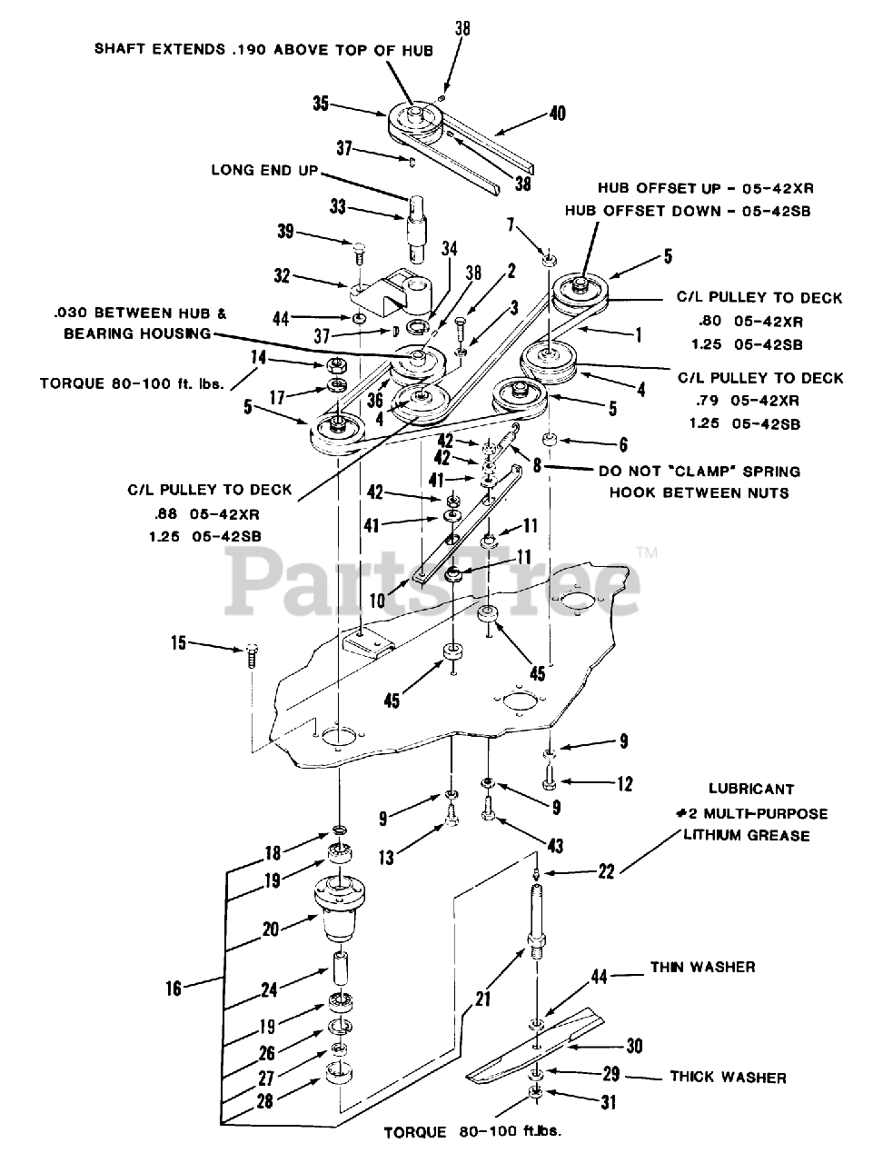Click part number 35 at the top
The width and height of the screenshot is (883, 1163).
pos(321,103)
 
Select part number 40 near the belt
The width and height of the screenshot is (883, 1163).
pos(557,114)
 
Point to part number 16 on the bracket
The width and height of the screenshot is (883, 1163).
pos(174,988)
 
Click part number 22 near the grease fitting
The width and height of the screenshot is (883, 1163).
pos(606,871)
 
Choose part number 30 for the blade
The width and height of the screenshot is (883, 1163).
pos(634,1046)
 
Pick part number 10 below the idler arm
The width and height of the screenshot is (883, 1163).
pos(376,601)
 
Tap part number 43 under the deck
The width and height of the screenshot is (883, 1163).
pos(555,846)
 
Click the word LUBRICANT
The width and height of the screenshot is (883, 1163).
pos(751,790)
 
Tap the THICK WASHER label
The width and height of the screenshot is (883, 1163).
pos(728,1078)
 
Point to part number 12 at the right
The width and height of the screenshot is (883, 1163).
pos(624,783)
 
